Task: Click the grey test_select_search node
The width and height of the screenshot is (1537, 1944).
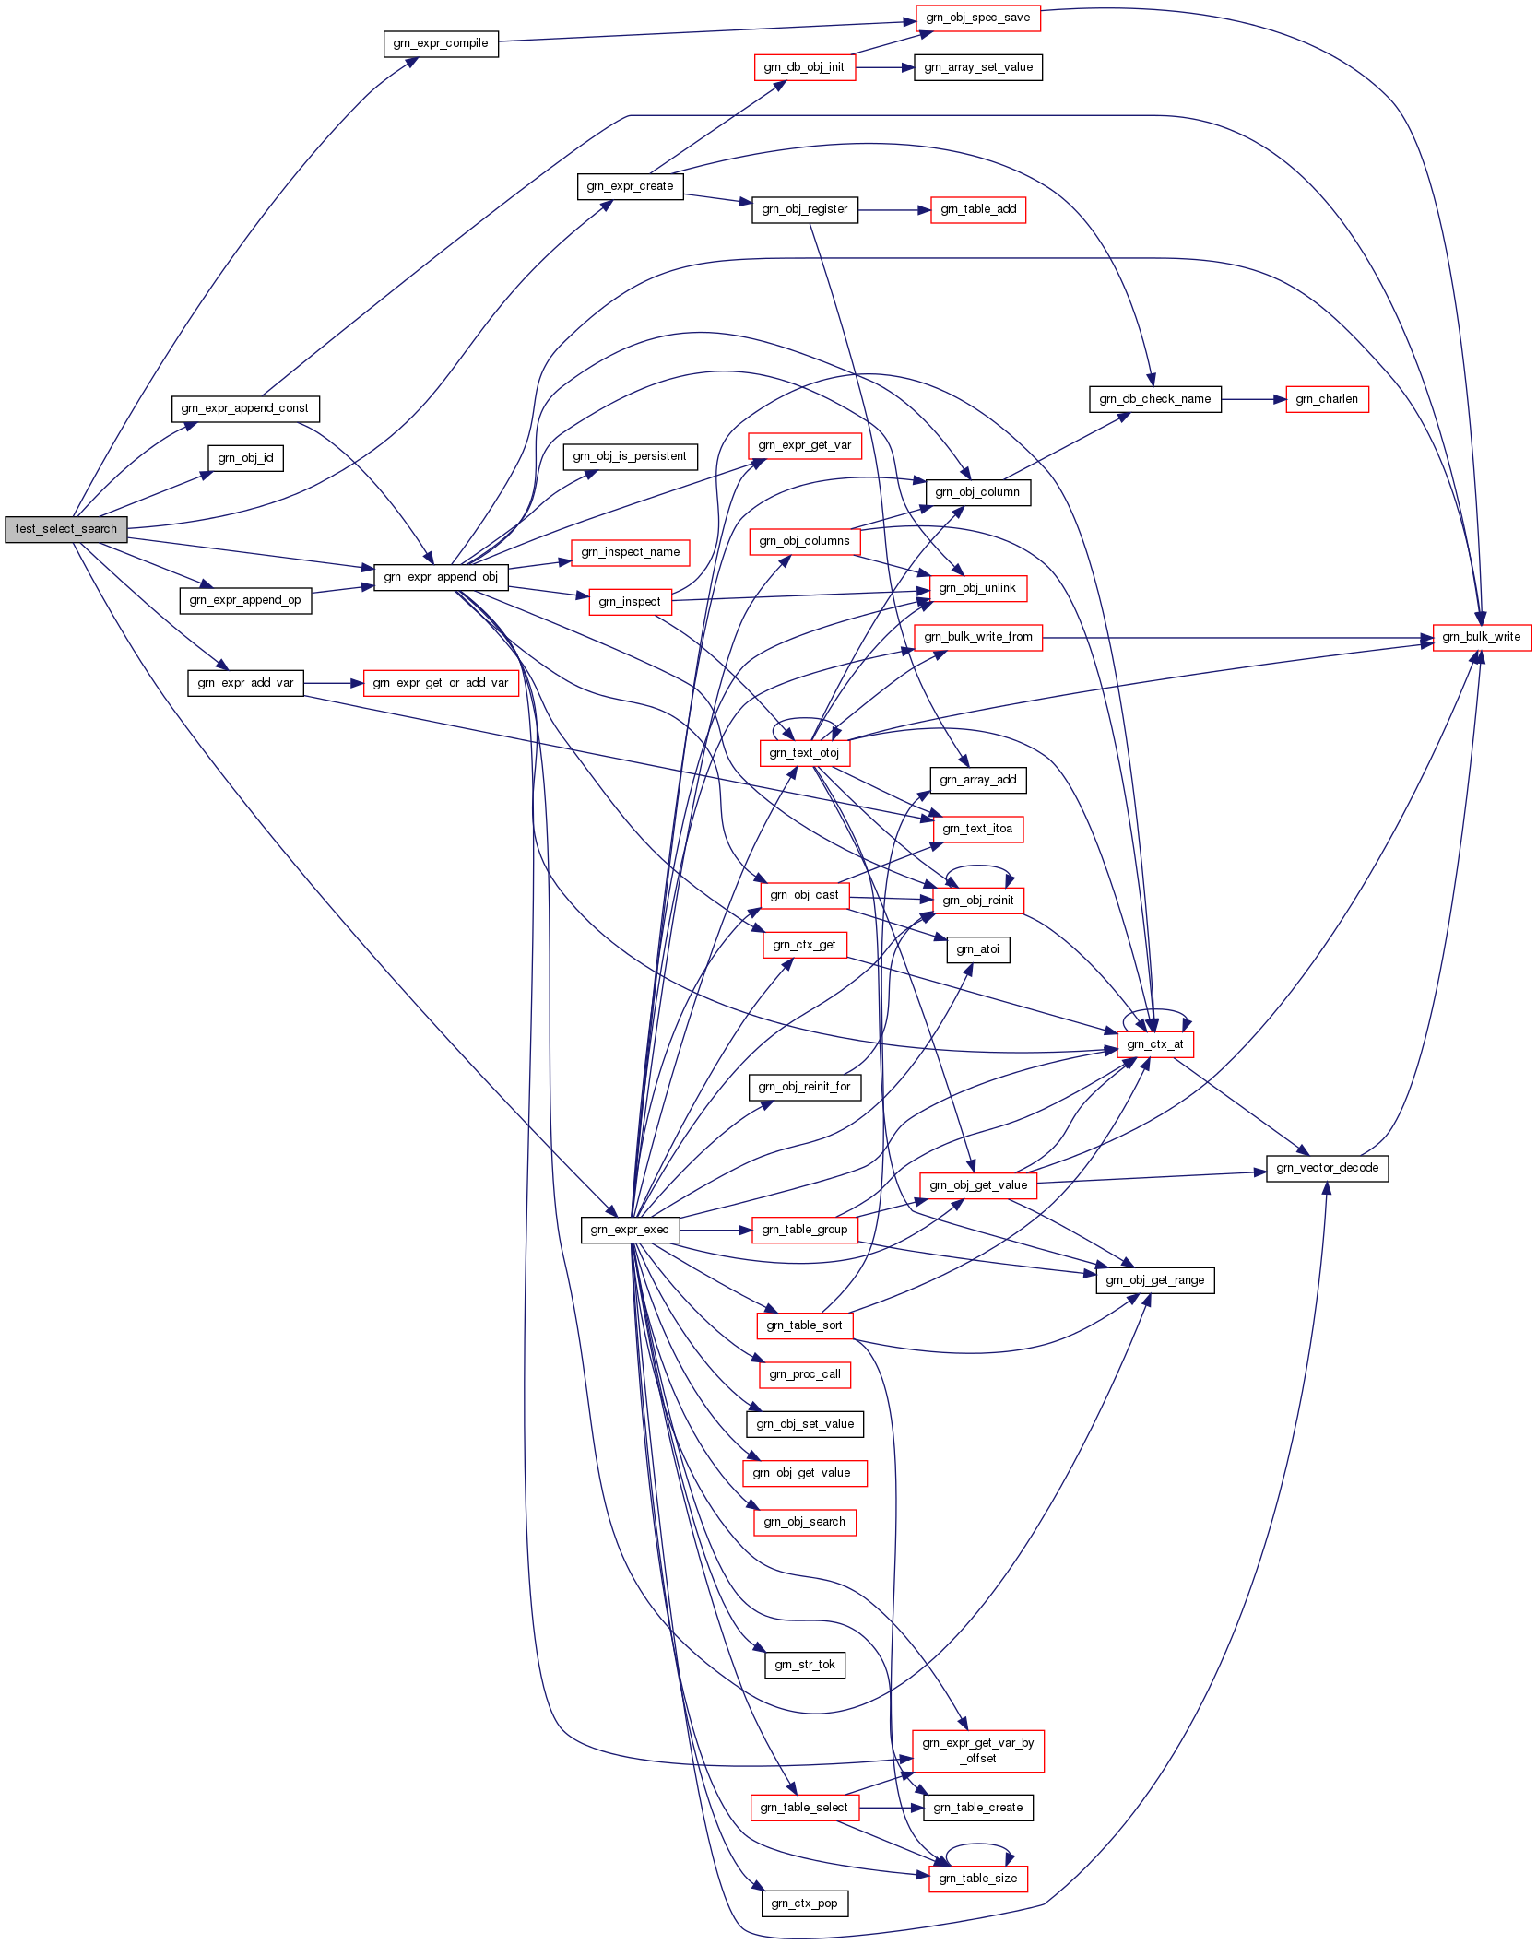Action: (66, 529)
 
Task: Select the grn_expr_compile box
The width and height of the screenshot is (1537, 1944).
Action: (441, 43)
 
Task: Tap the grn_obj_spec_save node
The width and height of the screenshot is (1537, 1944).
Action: (978, 18)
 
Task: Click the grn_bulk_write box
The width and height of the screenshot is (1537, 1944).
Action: (1482, 637)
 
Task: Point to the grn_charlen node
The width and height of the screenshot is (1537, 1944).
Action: (1327, 399)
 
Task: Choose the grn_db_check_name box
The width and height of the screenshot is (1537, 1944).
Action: (1155, 399)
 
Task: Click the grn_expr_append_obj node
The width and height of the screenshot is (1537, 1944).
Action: (441, 577)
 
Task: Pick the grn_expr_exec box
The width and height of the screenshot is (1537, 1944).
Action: (630, 1230)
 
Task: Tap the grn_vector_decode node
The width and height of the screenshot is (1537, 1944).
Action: (1328, 1168)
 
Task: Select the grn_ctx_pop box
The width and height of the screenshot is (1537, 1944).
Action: (805, 1903)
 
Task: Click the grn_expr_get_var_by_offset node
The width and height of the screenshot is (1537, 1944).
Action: (978, 1750)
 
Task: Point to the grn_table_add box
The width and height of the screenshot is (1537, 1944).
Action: (978, 210)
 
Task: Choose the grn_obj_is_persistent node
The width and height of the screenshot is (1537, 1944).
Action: (630, 456)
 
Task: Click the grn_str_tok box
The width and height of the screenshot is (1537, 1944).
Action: (805, 1665)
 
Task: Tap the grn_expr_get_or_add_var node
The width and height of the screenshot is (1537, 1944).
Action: (441, 683)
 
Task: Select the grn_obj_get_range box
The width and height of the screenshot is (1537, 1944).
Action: (1155, 1280)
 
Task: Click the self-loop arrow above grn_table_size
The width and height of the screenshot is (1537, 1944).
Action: (979, 1844)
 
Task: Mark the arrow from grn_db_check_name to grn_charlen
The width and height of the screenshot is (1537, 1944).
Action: (1254, 399)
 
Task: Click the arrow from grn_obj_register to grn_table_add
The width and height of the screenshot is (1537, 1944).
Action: (894, 210)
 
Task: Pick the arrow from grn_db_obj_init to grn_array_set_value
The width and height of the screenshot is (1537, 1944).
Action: (885, 67)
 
